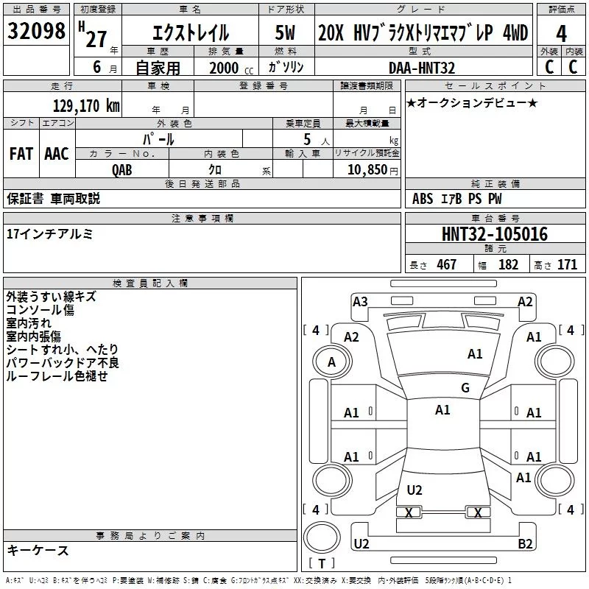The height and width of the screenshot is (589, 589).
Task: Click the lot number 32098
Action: (36, 32)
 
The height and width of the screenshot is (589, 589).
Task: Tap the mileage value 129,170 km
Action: (86, 106)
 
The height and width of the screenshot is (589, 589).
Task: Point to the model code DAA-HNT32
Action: (422, 68)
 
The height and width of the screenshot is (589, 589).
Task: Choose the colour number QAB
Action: (122, 169)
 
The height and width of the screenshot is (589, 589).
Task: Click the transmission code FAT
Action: (21, 154)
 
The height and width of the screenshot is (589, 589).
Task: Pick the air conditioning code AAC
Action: (57, 154)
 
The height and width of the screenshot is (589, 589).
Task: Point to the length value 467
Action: (446, 264)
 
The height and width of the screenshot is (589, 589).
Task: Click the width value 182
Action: (508, 264)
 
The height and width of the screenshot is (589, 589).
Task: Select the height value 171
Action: (567, 264)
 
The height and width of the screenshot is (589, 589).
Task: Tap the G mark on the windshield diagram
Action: (465, 388)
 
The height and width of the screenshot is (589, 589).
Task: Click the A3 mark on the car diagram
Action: (360, 301)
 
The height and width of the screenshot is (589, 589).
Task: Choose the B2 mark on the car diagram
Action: (525, 544)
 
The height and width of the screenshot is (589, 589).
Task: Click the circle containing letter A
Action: (331, 361)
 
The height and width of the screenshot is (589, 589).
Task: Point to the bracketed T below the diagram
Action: (322, 564)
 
